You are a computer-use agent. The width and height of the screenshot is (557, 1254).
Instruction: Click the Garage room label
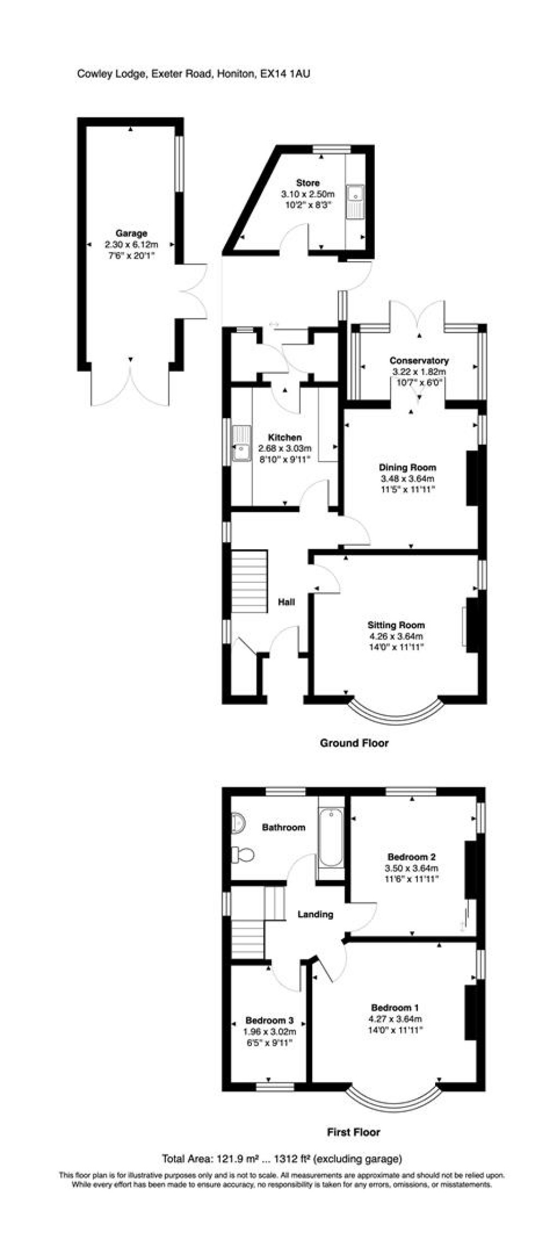click(x=131, y=233)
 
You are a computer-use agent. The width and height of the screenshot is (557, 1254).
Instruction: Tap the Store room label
click(x=307, y=183)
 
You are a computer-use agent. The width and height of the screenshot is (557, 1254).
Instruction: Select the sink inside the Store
click(x=356, y=201)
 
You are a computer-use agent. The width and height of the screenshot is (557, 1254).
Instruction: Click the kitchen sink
click(x=241, y=443)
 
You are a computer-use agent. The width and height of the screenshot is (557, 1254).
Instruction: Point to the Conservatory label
click(x=419, y=361)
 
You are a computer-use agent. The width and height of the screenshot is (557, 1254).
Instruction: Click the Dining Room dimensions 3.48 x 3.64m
click(x=408, y=478)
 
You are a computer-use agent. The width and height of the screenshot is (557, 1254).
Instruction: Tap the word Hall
click(x=287, y=602)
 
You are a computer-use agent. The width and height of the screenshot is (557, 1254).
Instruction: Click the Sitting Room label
click(x=396, y=625)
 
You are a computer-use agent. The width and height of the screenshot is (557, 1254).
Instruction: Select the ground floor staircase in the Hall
click(x=249, y=581)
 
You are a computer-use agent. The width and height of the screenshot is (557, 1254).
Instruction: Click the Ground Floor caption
click(x=354, y=743)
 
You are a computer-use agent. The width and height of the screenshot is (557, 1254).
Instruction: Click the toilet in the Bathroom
click(x=243, y=855)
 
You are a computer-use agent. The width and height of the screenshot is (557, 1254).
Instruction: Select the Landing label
click(x=315, y=914)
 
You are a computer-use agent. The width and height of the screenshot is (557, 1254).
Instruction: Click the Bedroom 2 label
click(x=411, y=857)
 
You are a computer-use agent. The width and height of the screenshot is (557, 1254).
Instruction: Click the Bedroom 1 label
click(x=395, y=1007)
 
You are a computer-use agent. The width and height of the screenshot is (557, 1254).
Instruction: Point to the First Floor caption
click(x=354, y=1132)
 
